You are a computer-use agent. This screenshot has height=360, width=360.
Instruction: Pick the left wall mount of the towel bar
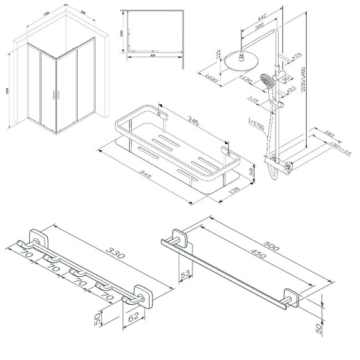tap(178, 238)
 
